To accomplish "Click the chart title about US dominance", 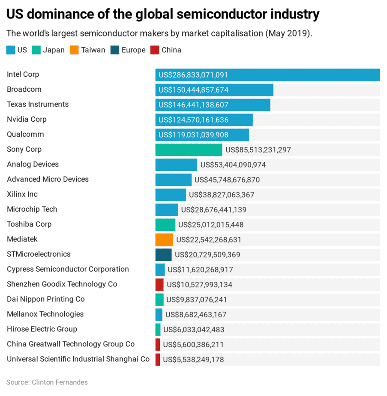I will point(163,14).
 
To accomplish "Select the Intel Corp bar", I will point(267,75).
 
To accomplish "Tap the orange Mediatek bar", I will point(164,240).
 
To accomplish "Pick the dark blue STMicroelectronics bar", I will point(163,255).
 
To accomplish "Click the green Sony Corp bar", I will point(189,150).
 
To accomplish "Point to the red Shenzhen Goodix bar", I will point(159,285).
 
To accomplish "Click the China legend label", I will point(171,50).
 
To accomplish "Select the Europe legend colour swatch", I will point(115,50).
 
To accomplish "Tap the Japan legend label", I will point(54,50).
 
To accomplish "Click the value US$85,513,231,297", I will point(258,150).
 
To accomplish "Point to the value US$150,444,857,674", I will point(193,90).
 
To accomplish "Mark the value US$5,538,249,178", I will point(193,360).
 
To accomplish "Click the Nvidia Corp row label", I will point(27,119).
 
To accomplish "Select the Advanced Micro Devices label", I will point(48,179).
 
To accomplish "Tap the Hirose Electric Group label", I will point(42,329).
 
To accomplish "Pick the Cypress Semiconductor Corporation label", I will point(68,269).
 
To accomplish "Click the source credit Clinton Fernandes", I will point(47,382).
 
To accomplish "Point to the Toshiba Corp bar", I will point(165,225).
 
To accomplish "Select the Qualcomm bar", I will point(202,135).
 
